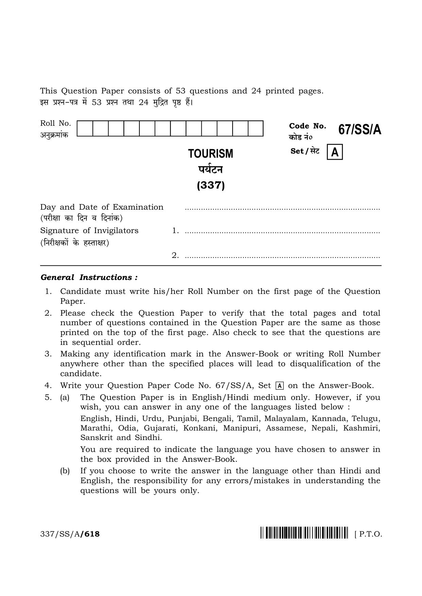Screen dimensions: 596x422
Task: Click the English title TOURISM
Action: point(211,154)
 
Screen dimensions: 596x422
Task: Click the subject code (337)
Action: point(211,186)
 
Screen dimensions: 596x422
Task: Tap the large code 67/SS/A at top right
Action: point(359,130)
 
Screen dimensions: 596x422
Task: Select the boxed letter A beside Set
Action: point(335,152)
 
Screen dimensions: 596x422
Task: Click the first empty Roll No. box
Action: point(85,128)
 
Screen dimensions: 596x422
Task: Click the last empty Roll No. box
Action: point(255,128)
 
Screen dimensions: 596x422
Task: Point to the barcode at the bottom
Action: point(304,534)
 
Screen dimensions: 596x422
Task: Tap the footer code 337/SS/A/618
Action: point(70,534)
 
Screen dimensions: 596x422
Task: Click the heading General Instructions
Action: point(89,277)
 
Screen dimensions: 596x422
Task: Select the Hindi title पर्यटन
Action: point(211,169)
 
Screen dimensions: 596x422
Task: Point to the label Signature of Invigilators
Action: point(89,230)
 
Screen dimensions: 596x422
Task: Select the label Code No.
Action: point(307,126)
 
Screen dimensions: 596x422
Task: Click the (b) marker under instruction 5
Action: point(65,471)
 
